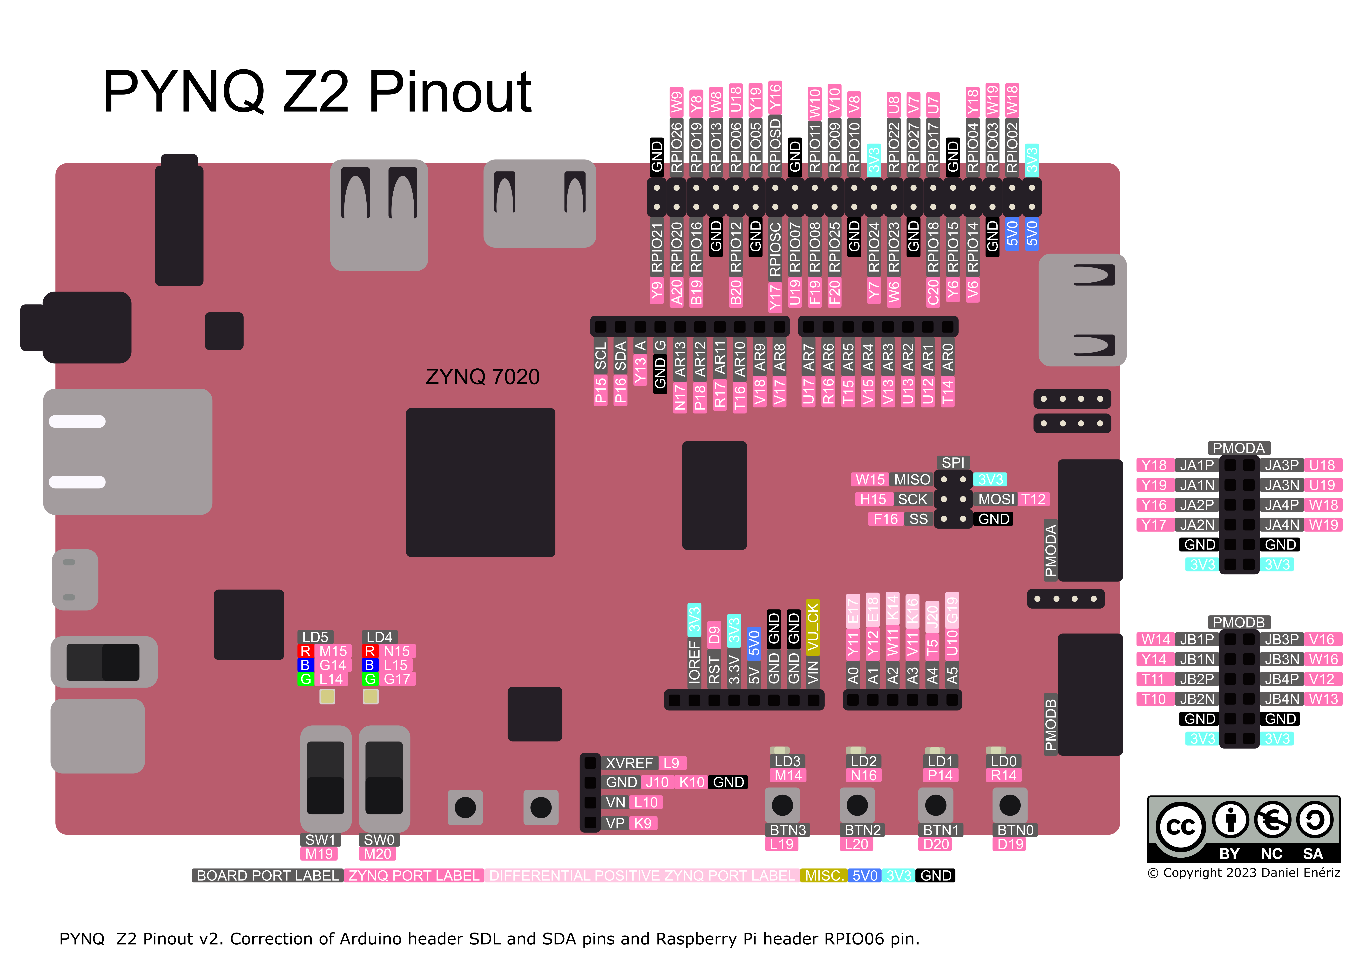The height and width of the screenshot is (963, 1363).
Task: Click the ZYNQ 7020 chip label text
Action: (482, 377)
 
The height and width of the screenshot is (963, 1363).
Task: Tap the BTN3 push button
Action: (782, 805)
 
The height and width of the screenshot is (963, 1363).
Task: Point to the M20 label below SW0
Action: (377, 854)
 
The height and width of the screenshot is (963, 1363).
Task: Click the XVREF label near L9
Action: (629, 763)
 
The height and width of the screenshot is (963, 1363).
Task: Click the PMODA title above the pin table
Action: (1238, 448)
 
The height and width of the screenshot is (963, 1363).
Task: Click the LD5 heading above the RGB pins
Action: (315, 637)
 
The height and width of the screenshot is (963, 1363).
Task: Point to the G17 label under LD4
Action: (397, 679)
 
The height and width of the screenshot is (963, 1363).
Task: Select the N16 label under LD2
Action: (863, 775)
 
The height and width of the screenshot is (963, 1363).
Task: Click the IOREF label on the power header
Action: (694, 662)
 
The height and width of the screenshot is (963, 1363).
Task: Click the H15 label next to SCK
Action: (873, 499)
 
